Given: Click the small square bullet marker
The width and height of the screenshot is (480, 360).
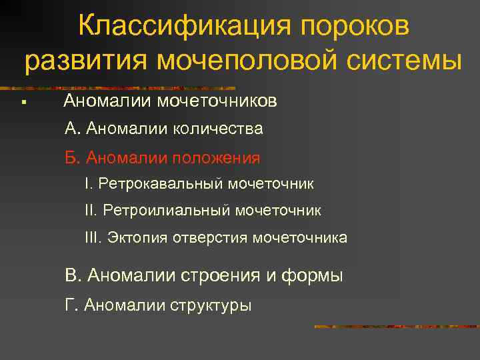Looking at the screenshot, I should pyautogui.click(x=23, y=103).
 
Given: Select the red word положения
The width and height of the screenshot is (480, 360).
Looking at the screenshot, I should pyautogui.click(x=217, y=158).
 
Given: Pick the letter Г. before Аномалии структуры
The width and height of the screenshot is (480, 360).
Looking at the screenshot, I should pyautogui.click(x=71, y=306).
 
